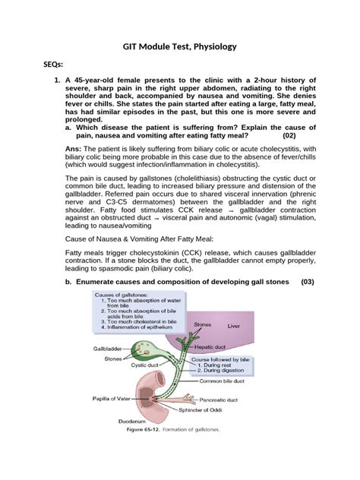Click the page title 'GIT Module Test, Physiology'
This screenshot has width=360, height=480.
pos(180,46)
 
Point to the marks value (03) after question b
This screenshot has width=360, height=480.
pos(306,283)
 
